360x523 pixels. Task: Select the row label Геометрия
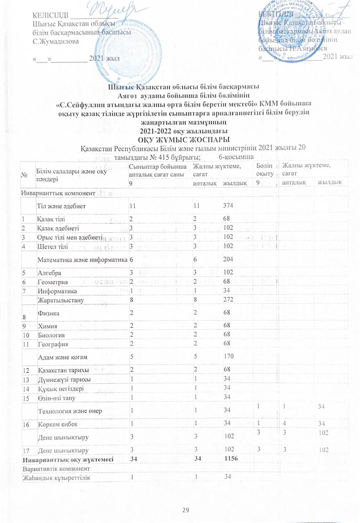coord(51,281)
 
